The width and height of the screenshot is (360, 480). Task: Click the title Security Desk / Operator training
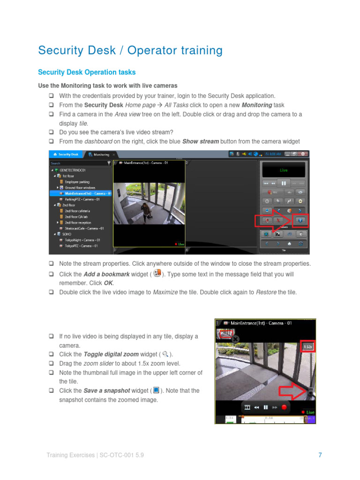[130, 50]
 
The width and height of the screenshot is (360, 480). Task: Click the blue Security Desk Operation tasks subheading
[86, 72]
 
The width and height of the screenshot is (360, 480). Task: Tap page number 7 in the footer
[320, 455]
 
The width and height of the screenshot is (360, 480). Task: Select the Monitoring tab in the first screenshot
[101, 154]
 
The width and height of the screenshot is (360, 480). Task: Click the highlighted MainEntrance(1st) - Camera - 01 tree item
[88, 193]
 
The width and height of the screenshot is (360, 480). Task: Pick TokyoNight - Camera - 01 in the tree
[81, 240]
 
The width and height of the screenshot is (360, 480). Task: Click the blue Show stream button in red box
[300, 220]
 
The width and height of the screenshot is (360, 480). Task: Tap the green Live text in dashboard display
[284, 171]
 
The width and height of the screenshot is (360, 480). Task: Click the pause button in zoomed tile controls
[265, 407]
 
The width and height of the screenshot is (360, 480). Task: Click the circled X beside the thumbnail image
[235, 339]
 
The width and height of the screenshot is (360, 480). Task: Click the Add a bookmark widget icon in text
[157, 273]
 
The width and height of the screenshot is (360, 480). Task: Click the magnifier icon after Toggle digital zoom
[165, 354]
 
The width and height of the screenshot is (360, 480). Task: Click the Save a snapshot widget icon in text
[157, 390]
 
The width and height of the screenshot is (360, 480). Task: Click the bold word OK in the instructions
[108, 283]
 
